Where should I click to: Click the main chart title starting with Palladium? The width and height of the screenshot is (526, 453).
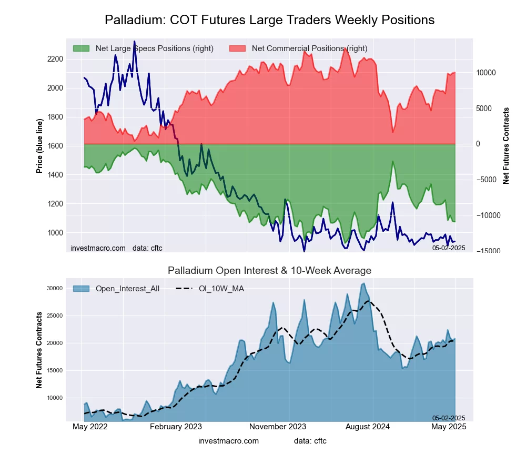point(269,20)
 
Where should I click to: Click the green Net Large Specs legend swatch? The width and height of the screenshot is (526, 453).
point(82,48)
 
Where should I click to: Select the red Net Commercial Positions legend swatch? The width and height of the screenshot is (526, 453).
point(238,48)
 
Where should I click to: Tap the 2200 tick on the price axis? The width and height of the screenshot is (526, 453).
point(55,59)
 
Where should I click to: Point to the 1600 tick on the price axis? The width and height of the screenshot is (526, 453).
point(55,146)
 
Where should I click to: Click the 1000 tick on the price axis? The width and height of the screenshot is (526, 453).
point(55,233)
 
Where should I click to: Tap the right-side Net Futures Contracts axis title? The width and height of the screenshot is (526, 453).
point(506,145)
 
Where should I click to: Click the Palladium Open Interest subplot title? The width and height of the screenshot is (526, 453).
point(269,271)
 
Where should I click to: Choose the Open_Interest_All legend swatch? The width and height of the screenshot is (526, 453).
point(82,288)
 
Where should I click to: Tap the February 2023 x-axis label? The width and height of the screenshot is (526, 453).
point(176,427)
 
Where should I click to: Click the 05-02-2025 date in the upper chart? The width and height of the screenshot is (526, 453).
point(449,248)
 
